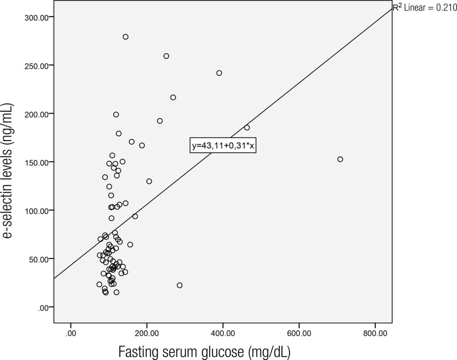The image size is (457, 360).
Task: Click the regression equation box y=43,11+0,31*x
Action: [x=223, y=146]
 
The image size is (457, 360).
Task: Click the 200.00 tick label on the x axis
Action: [x=146, y=333]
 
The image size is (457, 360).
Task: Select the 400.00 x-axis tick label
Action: [x=223, y=333]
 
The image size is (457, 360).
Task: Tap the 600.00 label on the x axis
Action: [x=299, y=333]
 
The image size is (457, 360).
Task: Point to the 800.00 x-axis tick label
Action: [x=375, y=333]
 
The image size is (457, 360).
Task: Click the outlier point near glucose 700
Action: [x=340, y=159]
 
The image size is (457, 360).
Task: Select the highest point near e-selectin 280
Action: [x=125, y=37]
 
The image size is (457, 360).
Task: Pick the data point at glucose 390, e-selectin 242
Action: [x=219, y=73]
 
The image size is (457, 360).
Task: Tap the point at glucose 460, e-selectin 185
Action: [x=247, y=128]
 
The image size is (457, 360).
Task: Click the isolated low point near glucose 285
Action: [x=179, y=285]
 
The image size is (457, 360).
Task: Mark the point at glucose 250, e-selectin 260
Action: [x=166, y=56]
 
